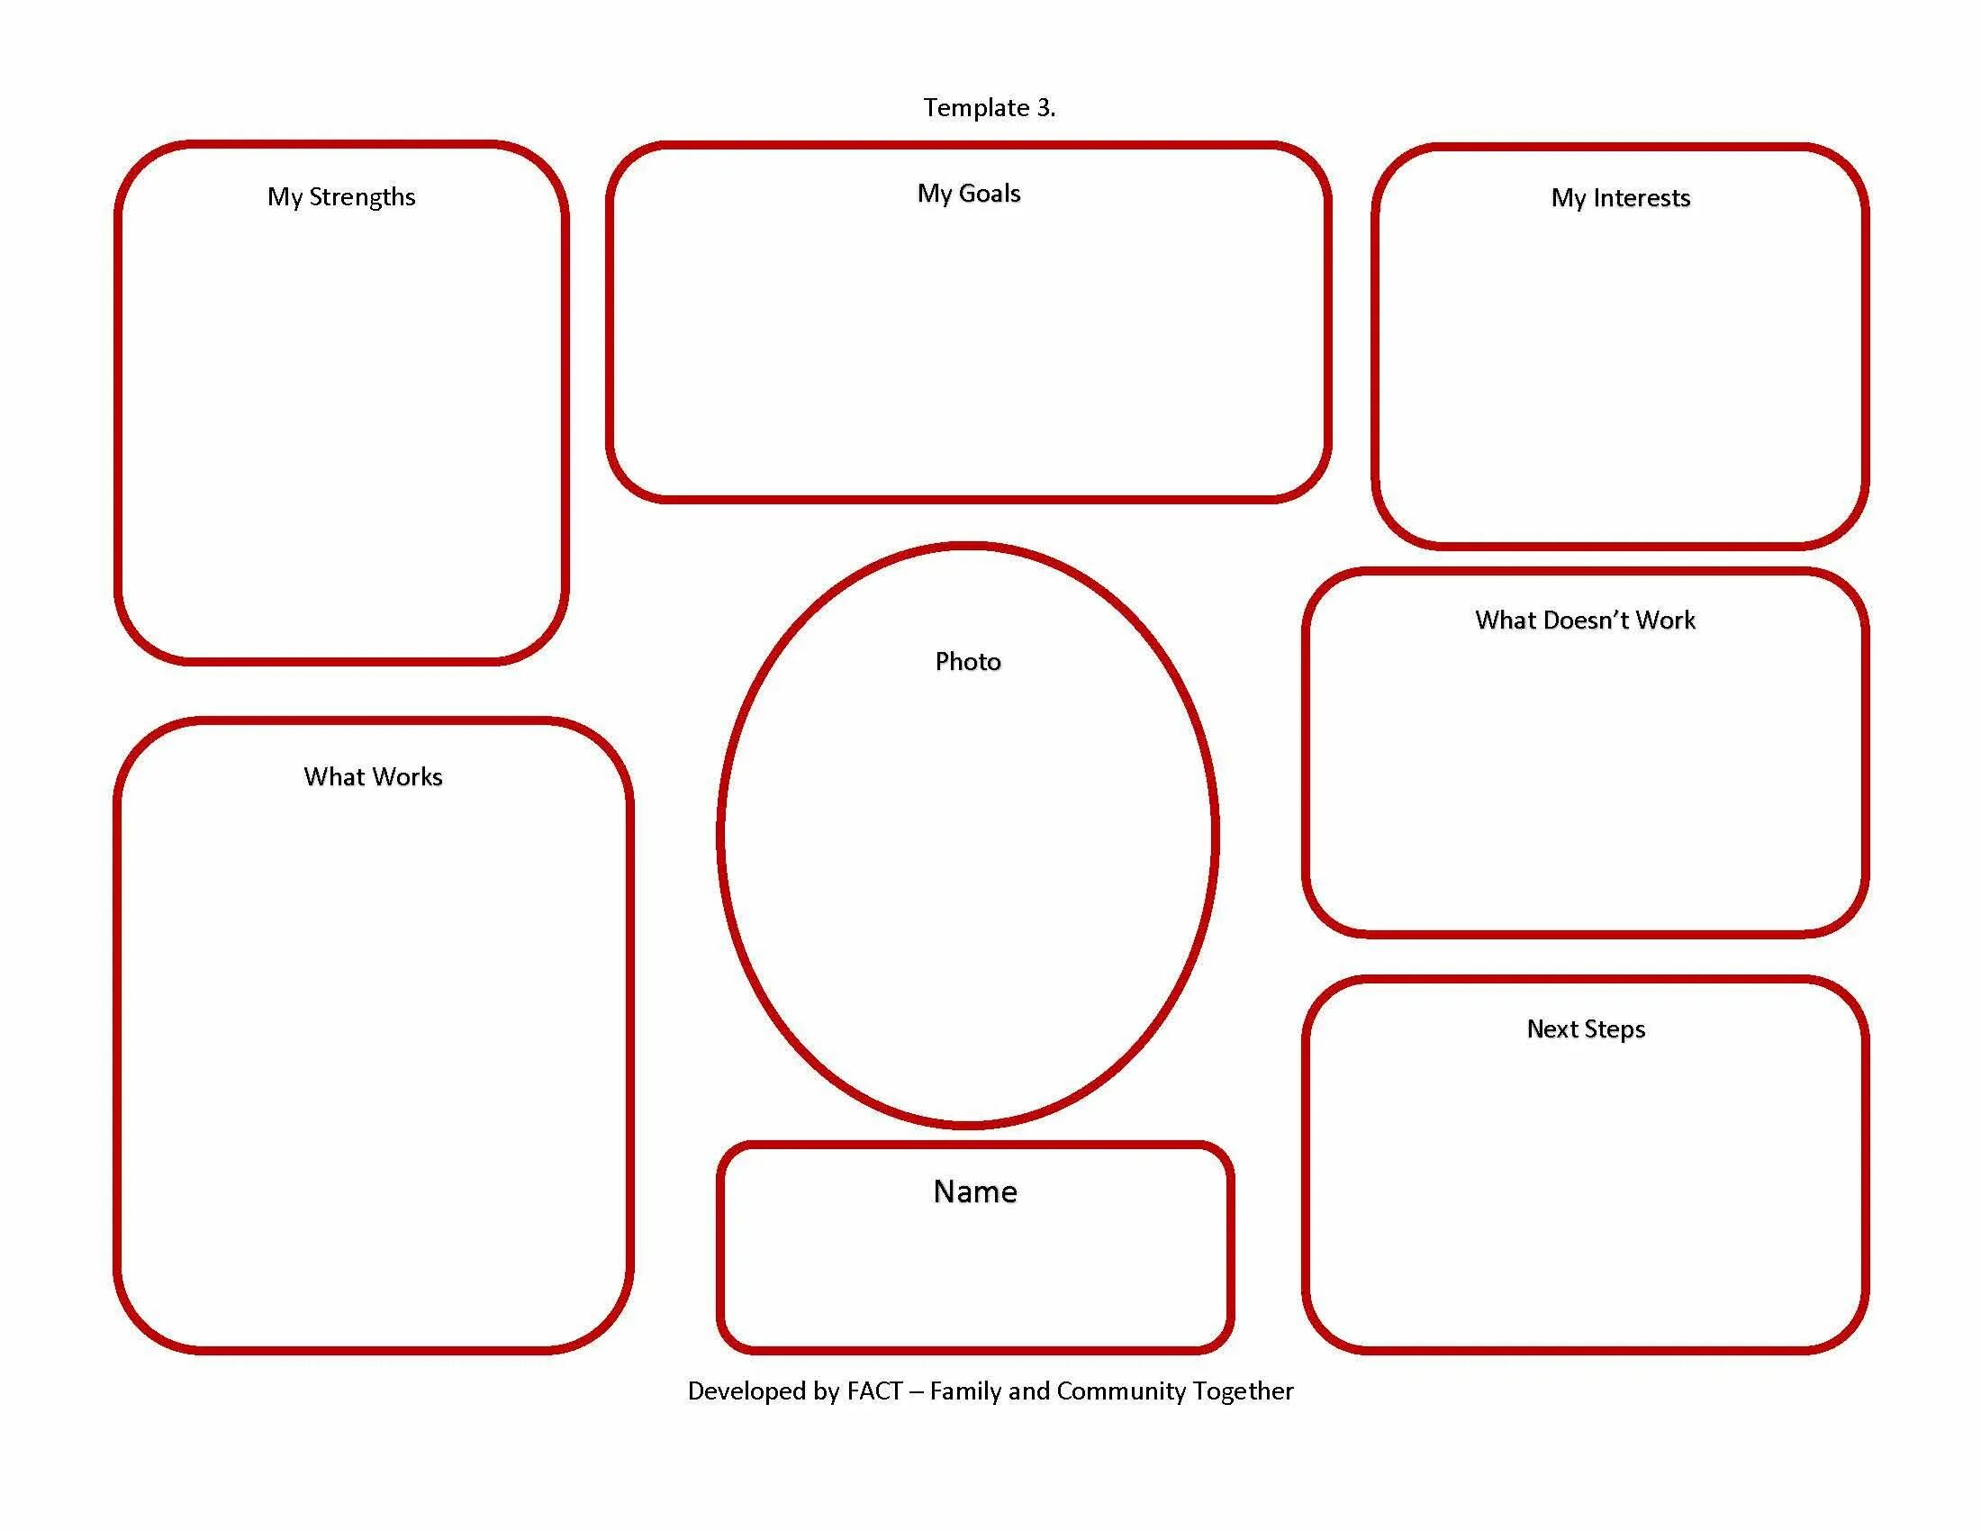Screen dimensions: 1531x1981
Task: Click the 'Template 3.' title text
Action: pyautogui.click(x=989, y=108)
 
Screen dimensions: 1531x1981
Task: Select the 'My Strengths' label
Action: pyautogui.click(x=341, y=197)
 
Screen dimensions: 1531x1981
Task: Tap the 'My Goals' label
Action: pyautogui.click(x=969, y=194)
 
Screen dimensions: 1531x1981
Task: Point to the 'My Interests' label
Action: pyautogui.click(x=1620, y=198)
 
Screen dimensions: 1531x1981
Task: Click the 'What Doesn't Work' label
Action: pyautogui.click(x=1585, y=621)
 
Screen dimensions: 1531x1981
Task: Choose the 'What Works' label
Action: pyautogui.click(x=373, y=776)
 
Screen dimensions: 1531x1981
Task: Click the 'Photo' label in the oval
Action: pyautogui.click(x=968, y=661)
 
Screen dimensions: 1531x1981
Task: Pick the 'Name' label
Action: pyautogui.click(x=975, y=1191)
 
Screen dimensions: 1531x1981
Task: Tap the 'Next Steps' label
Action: pyautogui.click(x=1586, y=1028)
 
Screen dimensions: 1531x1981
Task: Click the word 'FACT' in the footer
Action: pyautogui.click(x=874, y=1391)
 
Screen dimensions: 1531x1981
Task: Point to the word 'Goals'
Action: pyautogui.click(x=990, y=194)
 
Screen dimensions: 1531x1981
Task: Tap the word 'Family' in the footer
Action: pyautogui.click(x=965, y=1391)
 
